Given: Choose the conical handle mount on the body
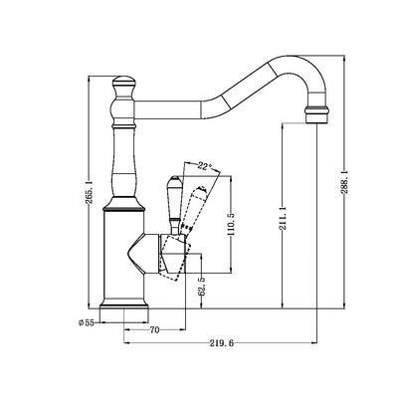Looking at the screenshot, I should click(152, 254).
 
